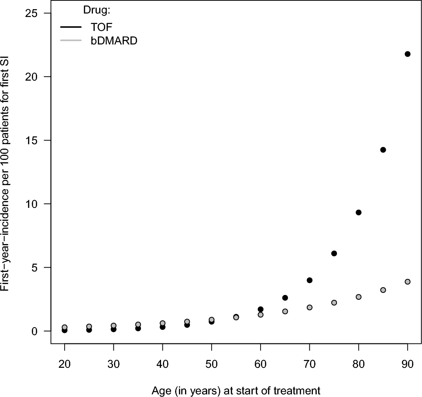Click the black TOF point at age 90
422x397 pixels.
coord(408,54)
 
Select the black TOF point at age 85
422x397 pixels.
coord(383,150)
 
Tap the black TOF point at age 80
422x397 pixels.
coord(359,213)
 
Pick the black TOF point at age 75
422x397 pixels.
coord(334,254)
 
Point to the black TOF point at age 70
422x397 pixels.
coord(310,280)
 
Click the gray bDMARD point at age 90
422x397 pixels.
coord(408,282)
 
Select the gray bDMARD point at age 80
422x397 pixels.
coord(359,297)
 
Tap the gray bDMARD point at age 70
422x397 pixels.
coord(310,307)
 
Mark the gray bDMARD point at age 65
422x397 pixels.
coord(285,311)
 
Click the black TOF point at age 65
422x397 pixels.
coord(285,298)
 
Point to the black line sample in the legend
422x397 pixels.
coord(71,27)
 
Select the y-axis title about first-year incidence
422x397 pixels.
coord(8,172)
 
